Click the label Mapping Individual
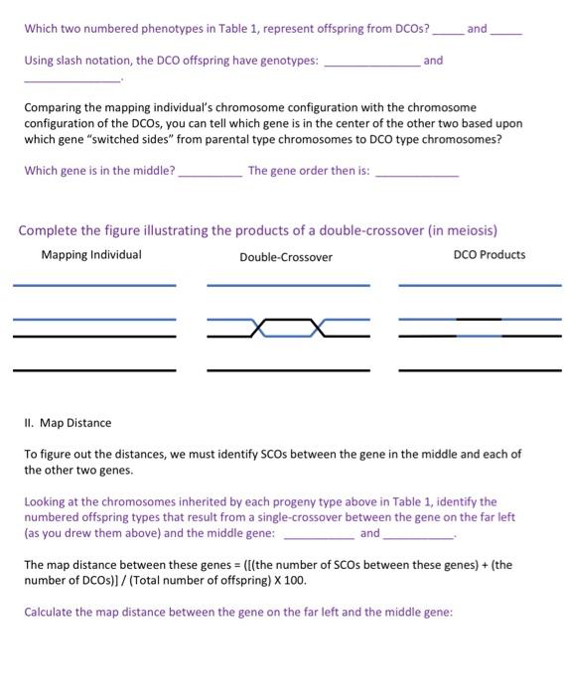click(91, 255)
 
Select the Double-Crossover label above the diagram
click(286, 257)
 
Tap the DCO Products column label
click(490, 255)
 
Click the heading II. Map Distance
click(68, 423)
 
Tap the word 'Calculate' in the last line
click(50, 612)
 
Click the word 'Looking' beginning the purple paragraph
click(46, 502)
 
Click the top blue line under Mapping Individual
click(94, 286)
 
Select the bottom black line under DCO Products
click(480, 370)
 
